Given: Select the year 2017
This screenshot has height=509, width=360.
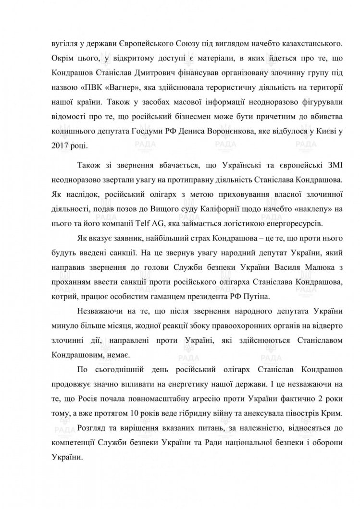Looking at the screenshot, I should point(59,144).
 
